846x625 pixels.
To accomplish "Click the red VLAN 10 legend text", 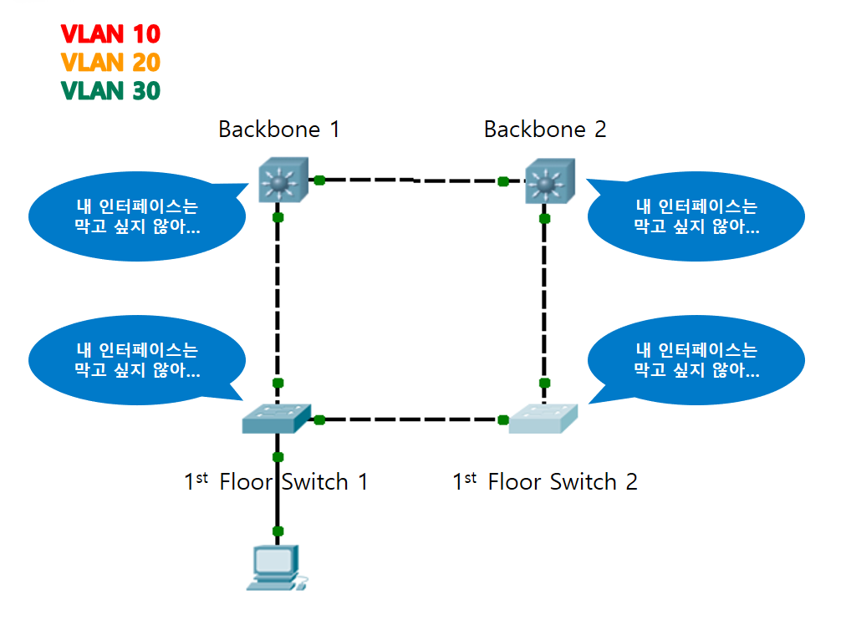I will [x=110, y=34].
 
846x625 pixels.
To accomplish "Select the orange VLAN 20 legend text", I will [x=110, y=63].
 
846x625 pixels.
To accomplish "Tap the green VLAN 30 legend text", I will [x=110, y=90].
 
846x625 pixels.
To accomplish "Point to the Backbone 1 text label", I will [x=279, y=130].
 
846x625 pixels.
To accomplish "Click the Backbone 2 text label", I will [x=545, y=130].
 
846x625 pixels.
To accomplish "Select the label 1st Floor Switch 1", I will [x=276, y=482].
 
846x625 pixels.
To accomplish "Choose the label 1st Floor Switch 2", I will [x=545, y=482].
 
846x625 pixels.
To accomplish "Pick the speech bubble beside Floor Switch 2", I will [x=696, y=360].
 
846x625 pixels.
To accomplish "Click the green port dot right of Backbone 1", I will [x=319, y=180].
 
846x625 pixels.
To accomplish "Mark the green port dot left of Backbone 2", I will [x=503, y=180].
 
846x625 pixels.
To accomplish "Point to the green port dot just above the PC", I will [x=278, y=531].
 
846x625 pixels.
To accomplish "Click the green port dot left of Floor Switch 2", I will [x=503, y=419].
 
